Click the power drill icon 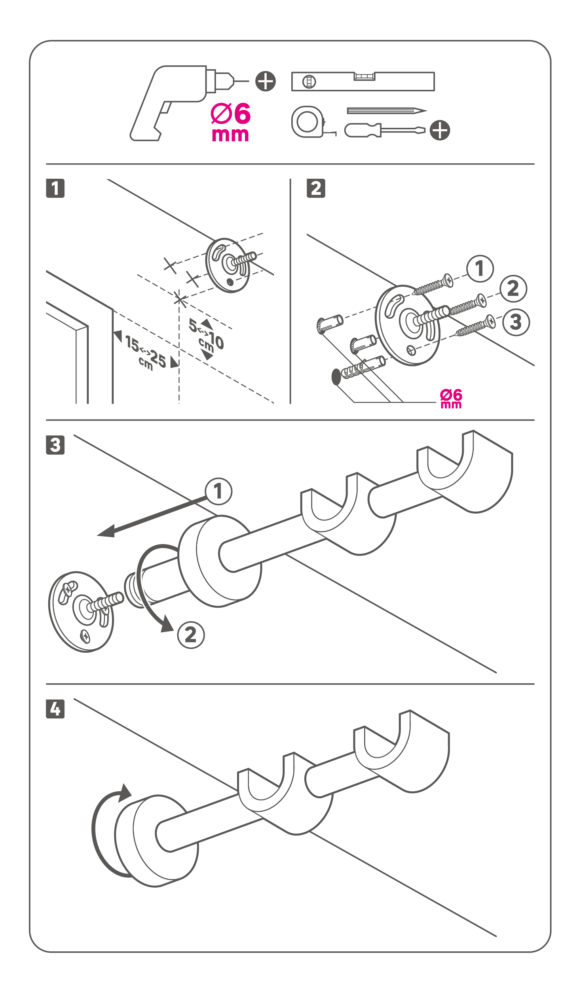[174, 103]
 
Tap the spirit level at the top [363, 81]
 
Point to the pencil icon [386, 111]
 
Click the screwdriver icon [384, 130]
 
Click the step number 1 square [55, 188]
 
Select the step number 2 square [316, 188]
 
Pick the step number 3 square [55, 445]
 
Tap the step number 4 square [55, 709]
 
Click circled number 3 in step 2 [516, 322]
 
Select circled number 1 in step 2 [480, 268]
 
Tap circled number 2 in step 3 [191, 635]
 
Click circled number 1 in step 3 [218, 491]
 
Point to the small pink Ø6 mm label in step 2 [451, 398]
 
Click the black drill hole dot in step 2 [336, 377]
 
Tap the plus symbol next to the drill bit [266, 81]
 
